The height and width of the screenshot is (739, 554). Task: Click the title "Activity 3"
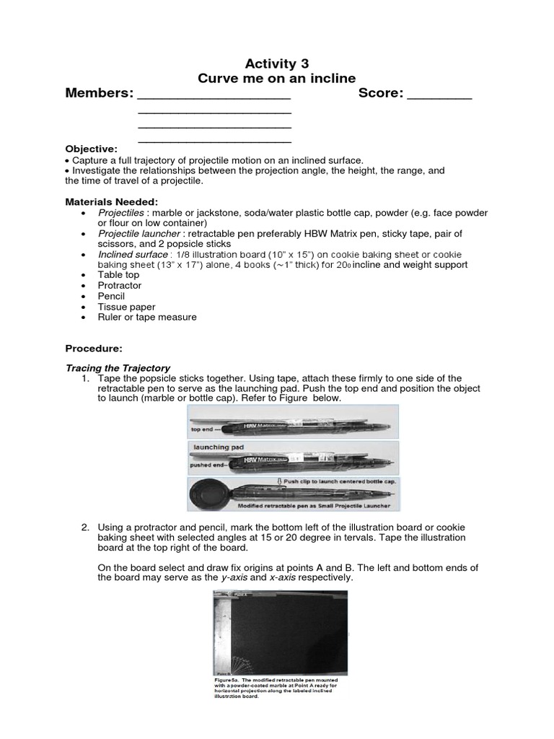[x=277, y=64]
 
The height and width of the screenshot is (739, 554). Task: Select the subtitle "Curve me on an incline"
[x=277, y=79]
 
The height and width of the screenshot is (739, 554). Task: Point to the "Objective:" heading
[x=91, y=149]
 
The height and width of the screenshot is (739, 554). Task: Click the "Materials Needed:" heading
[x=111, y=201]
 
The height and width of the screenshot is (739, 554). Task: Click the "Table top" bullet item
[x=119, y=275]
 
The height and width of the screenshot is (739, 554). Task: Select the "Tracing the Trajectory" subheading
[x=118, y=368]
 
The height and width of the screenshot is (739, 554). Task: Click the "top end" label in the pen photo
[x=203, y=429]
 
